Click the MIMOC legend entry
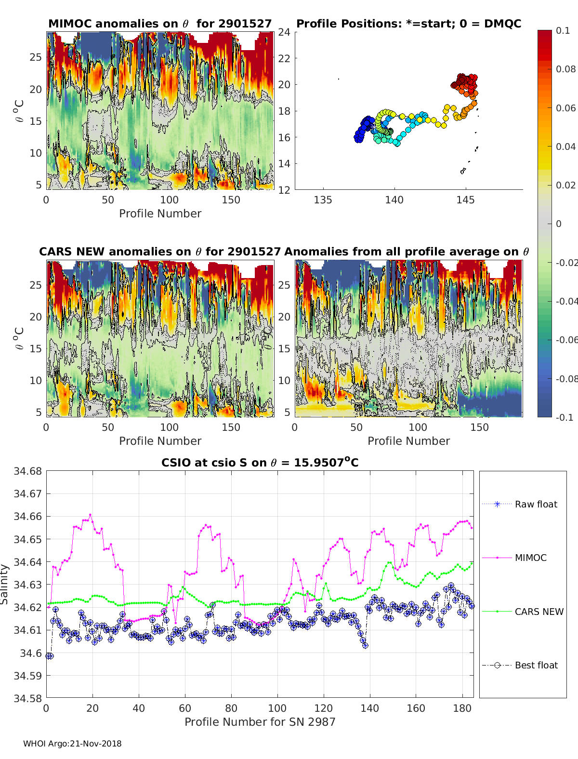(530, 558)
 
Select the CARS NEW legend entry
(539, 612)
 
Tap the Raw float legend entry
(536, 504)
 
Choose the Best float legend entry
(536, 665)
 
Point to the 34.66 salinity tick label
(28, 517)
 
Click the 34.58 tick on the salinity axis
(28, 698)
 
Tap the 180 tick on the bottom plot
(462, 708)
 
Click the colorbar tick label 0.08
(565, 69)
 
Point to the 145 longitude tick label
(465, 200)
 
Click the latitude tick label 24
(284, 32)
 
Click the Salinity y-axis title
(5, 584)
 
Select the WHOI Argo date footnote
(72, 744)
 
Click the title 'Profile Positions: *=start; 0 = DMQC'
(408, 24)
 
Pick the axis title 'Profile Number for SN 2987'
(260, 722)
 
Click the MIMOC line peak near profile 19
(91, 515)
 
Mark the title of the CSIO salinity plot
(260, 463)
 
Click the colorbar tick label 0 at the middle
(559, 224)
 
